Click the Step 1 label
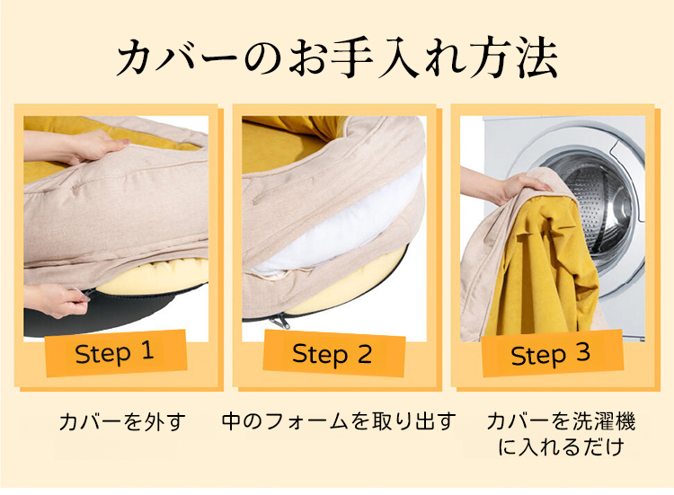pos(114,353)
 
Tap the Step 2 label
pos(332,355)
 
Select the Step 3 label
pos(550,355)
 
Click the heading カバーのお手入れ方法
pos(337,57)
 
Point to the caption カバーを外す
pos(122,421)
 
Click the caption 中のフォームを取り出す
pos(339,421)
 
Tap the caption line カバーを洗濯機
pos(561,421)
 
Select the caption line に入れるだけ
pos(561,446)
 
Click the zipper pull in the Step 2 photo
pos(280,320)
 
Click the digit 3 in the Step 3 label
pos(583,353)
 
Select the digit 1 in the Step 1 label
pos(147,350)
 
